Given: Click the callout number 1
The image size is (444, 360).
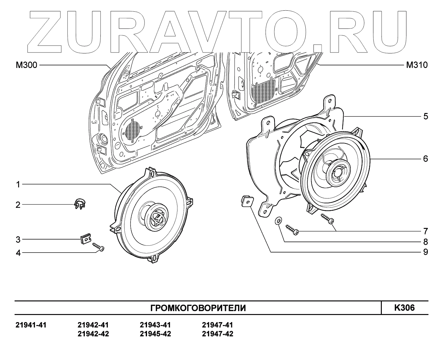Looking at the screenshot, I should tap(18, 185).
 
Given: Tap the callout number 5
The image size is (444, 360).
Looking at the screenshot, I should tap(426, 116).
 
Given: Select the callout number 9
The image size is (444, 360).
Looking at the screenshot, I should tap(426, 252).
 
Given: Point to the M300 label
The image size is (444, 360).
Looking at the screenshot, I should tap(27, 65).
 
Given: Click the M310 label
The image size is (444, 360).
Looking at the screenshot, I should tap(417, 65).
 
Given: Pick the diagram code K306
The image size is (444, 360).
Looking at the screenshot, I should tap(404, 307).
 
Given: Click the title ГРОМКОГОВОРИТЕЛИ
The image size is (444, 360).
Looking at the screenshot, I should tap(198, 308).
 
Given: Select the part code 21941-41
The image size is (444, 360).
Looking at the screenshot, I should tap(31, 325).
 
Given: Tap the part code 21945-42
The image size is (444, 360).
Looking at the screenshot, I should tap(155, 334).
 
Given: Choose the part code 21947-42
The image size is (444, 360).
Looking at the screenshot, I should tap(217, 334).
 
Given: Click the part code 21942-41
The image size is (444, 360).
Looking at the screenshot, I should tap(93, 325).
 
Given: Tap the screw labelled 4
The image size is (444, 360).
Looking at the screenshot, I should tap(98, 247).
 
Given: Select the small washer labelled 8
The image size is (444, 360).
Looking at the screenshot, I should tap(278, 221).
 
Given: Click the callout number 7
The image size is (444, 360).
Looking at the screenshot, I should tap(426, 231).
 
